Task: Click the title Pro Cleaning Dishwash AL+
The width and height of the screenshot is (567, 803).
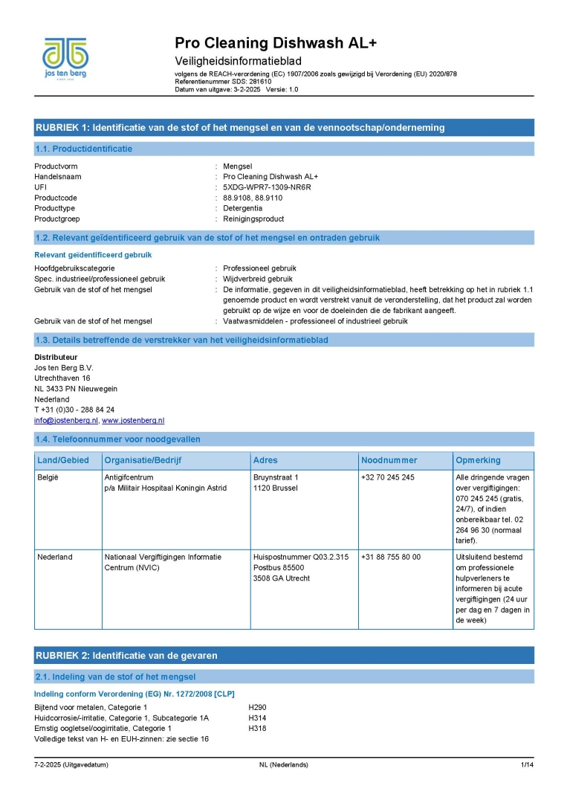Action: point(276,43)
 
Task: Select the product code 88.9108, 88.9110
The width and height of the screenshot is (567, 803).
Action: point(253,198)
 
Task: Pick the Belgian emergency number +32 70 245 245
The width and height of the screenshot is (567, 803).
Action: point(388,477)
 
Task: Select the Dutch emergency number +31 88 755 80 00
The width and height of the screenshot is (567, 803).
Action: point(391,557)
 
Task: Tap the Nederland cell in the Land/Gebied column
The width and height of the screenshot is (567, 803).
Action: point(55,557)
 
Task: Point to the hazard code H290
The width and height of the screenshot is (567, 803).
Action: point(257,706)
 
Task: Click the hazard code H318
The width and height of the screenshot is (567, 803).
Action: point(257,729)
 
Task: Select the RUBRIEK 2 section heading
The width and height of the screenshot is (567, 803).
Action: point(126,655)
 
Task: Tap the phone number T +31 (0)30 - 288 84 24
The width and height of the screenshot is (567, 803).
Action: point(74,410)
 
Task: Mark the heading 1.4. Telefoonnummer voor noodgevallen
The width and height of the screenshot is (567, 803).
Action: point(118,439)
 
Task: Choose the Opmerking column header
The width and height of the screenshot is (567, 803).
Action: point(479,460)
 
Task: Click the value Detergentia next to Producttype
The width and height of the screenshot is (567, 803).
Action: point(242,208)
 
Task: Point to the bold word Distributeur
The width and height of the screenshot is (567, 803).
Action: point(56,357)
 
